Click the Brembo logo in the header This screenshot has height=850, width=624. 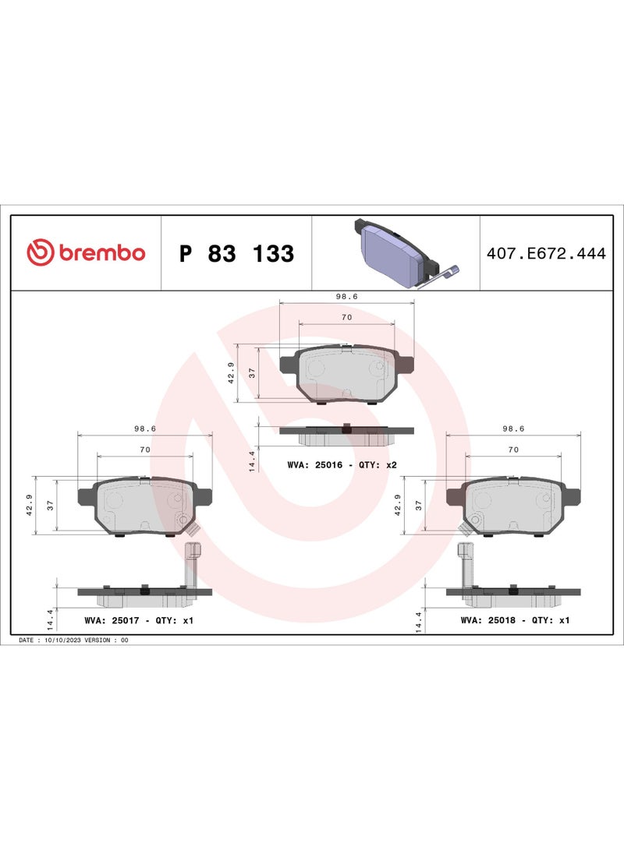pyautogui.click(x=86, y=252)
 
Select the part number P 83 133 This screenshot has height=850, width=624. pyautogui.click(x=236, y=253)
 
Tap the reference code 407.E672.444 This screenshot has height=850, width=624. pyautogui.click(x=546, y=253)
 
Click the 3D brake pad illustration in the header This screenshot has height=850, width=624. pyautogui.click(x=406, y=253)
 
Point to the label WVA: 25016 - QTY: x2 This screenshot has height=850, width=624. pyautogui.click(x=342, y=465)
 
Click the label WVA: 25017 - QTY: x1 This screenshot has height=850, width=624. pyautogui.click(x=139, y=620)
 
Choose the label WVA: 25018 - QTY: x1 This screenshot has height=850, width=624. pyautogui.click(x=515, y=619)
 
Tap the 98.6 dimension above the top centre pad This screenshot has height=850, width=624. pyautogui.click(x=347, y=297)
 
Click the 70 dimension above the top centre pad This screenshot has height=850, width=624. pyautogui.click(x=347, y=317)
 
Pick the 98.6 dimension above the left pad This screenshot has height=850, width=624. pyautogui.click(x=145, y=429)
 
